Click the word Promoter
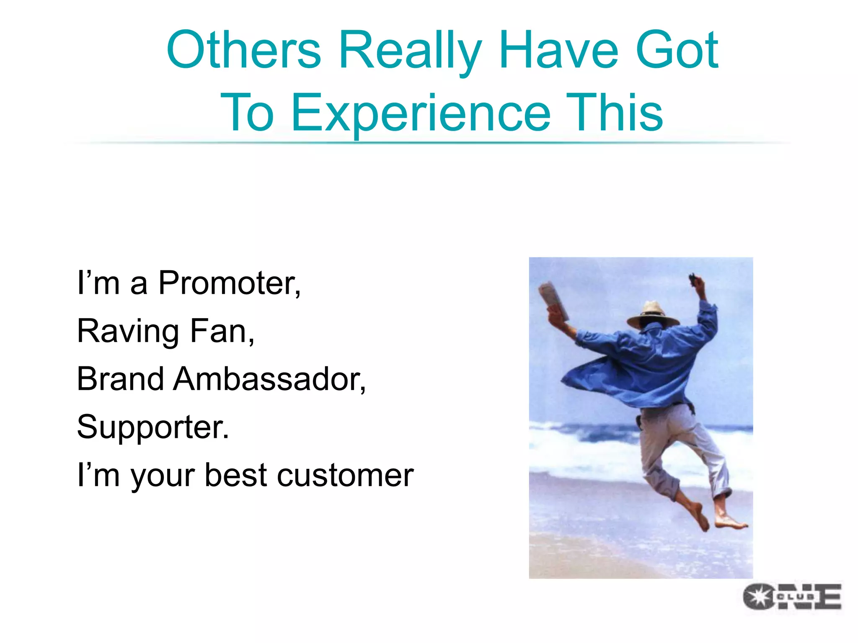pyautogui.click(x=229, y=284)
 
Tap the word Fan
pyautogui.click(x=222, y=332)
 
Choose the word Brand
pyautogui.click(x=120, y=379)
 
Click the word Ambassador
pyautogui.click(x=269, y=379)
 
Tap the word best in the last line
pyautogui.click(x=236, y=476)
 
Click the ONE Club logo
pyautogui.click(x=792, y=596)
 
